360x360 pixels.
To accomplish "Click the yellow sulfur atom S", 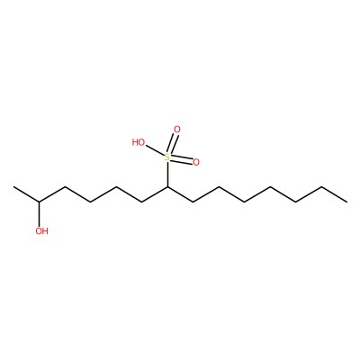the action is click(x=167, y=157).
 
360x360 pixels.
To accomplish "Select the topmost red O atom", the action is click(x=177, y=130).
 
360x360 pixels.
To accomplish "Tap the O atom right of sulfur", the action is click(x=196, y=163).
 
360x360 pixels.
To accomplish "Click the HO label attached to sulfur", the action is click(x=139, y=142).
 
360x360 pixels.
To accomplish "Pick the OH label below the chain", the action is click(x=41, y=231).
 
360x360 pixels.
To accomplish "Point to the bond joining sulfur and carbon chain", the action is click(x=167, y=174).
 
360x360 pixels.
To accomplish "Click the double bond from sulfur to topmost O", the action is click(x=173, y=144).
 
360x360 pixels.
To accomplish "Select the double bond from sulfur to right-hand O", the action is click(x=182, y=160).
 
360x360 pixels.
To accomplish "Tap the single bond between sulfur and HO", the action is click(x=155, y=151).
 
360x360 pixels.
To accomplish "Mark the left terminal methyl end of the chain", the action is click(x=13, y=187).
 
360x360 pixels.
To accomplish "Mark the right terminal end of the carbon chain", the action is click(x=347, y=202).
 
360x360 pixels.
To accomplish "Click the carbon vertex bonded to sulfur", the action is click(x=167, y=187).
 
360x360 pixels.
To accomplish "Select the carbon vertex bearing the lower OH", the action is click(x=39, y=202).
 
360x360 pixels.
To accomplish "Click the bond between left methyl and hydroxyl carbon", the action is click(x=26, y=194).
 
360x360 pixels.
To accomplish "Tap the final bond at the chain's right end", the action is click(x=334, y=194).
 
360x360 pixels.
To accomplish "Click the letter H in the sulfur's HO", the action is click(x=135, y=142).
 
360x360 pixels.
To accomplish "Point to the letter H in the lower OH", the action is click(x=45, y=231).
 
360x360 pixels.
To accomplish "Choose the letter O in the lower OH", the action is click(x=39, y=231).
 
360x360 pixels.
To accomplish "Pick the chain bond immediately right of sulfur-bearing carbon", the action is click(x=180, y=194).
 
